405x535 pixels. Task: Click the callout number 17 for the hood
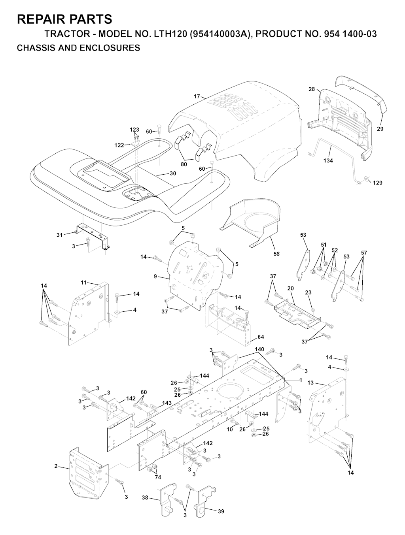point(197,96)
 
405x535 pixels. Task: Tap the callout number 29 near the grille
point(380,129)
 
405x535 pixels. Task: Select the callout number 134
point(328,160)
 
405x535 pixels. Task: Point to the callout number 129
point(377,183)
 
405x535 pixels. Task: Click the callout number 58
point(276,254)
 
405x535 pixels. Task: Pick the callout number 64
point(261,337)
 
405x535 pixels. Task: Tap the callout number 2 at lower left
point(56,466)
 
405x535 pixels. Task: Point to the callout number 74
point(158,477)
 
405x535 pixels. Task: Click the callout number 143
point(167,403)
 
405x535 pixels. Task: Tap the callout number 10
point(230,429)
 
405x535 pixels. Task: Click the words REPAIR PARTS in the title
point(64,19)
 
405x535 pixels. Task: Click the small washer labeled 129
point(367,179)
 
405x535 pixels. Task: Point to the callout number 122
point(119,145)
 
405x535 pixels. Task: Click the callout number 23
point(308,292)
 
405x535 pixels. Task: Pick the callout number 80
point(184,164)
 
